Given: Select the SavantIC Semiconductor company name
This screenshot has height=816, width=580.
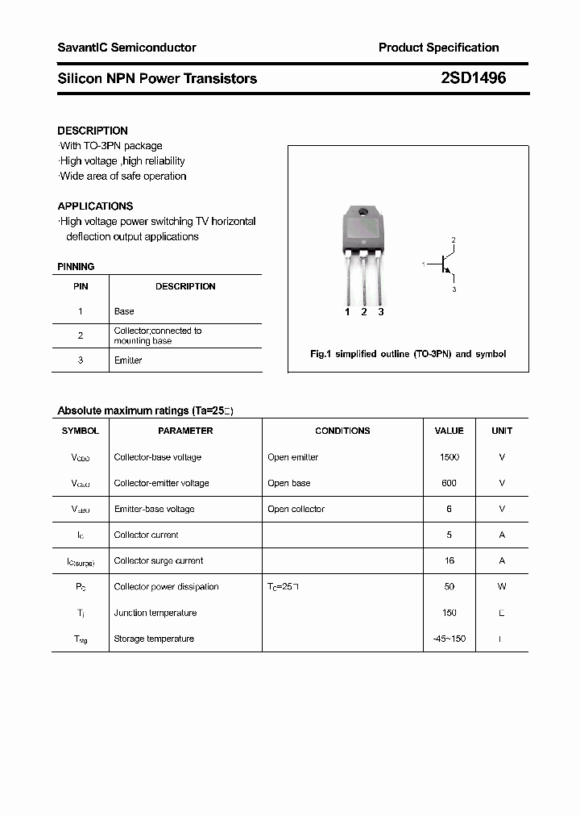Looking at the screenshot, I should tap(126, 48).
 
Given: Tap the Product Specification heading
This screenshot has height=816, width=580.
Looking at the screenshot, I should tap(438, 48).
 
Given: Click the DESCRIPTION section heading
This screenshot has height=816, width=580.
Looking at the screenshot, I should tap(93, 131).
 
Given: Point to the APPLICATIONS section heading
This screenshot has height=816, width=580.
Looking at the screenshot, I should tap(95, 206).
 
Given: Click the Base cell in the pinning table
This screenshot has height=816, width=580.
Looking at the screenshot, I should tap(124, 311).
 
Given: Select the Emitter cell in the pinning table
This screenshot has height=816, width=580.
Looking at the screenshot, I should tap(128, 360).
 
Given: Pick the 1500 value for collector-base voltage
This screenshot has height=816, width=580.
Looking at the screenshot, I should tap(449, 457).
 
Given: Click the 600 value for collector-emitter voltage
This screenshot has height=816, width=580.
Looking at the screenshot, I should tap(449, 483).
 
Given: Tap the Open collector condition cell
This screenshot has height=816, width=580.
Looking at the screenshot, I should tap(296, 509).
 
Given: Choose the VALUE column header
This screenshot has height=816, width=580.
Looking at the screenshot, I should tap(449, 431).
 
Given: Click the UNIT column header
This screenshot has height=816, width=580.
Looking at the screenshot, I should tap(502, 431).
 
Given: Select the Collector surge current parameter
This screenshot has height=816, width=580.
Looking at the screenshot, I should tap(158, 560).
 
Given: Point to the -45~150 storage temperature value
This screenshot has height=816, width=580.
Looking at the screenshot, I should tap(449, 639).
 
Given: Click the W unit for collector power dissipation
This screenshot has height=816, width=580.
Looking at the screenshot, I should tap(502, 587).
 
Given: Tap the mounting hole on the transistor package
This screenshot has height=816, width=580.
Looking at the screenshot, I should tap(363, 213).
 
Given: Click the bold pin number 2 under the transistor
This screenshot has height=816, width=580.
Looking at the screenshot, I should tap(364, 312).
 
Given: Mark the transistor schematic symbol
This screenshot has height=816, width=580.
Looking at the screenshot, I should tap(445, 264).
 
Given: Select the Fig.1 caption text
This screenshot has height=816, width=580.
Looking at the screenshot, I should tap(408, 354).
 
